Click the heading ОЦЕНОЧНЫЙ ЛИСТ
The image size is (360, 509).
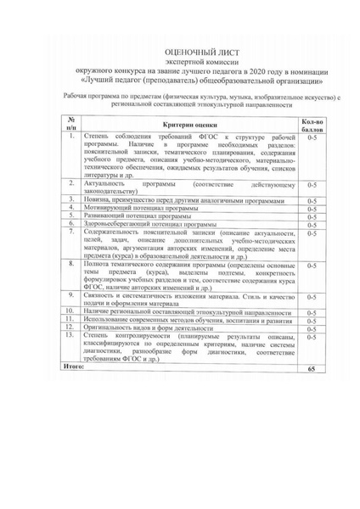(x=179, y=52)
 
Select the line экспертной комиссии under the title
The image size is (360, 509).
(x=179, y=62)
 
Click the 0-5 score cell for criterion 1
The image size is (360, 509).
(x=311, y=137)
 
